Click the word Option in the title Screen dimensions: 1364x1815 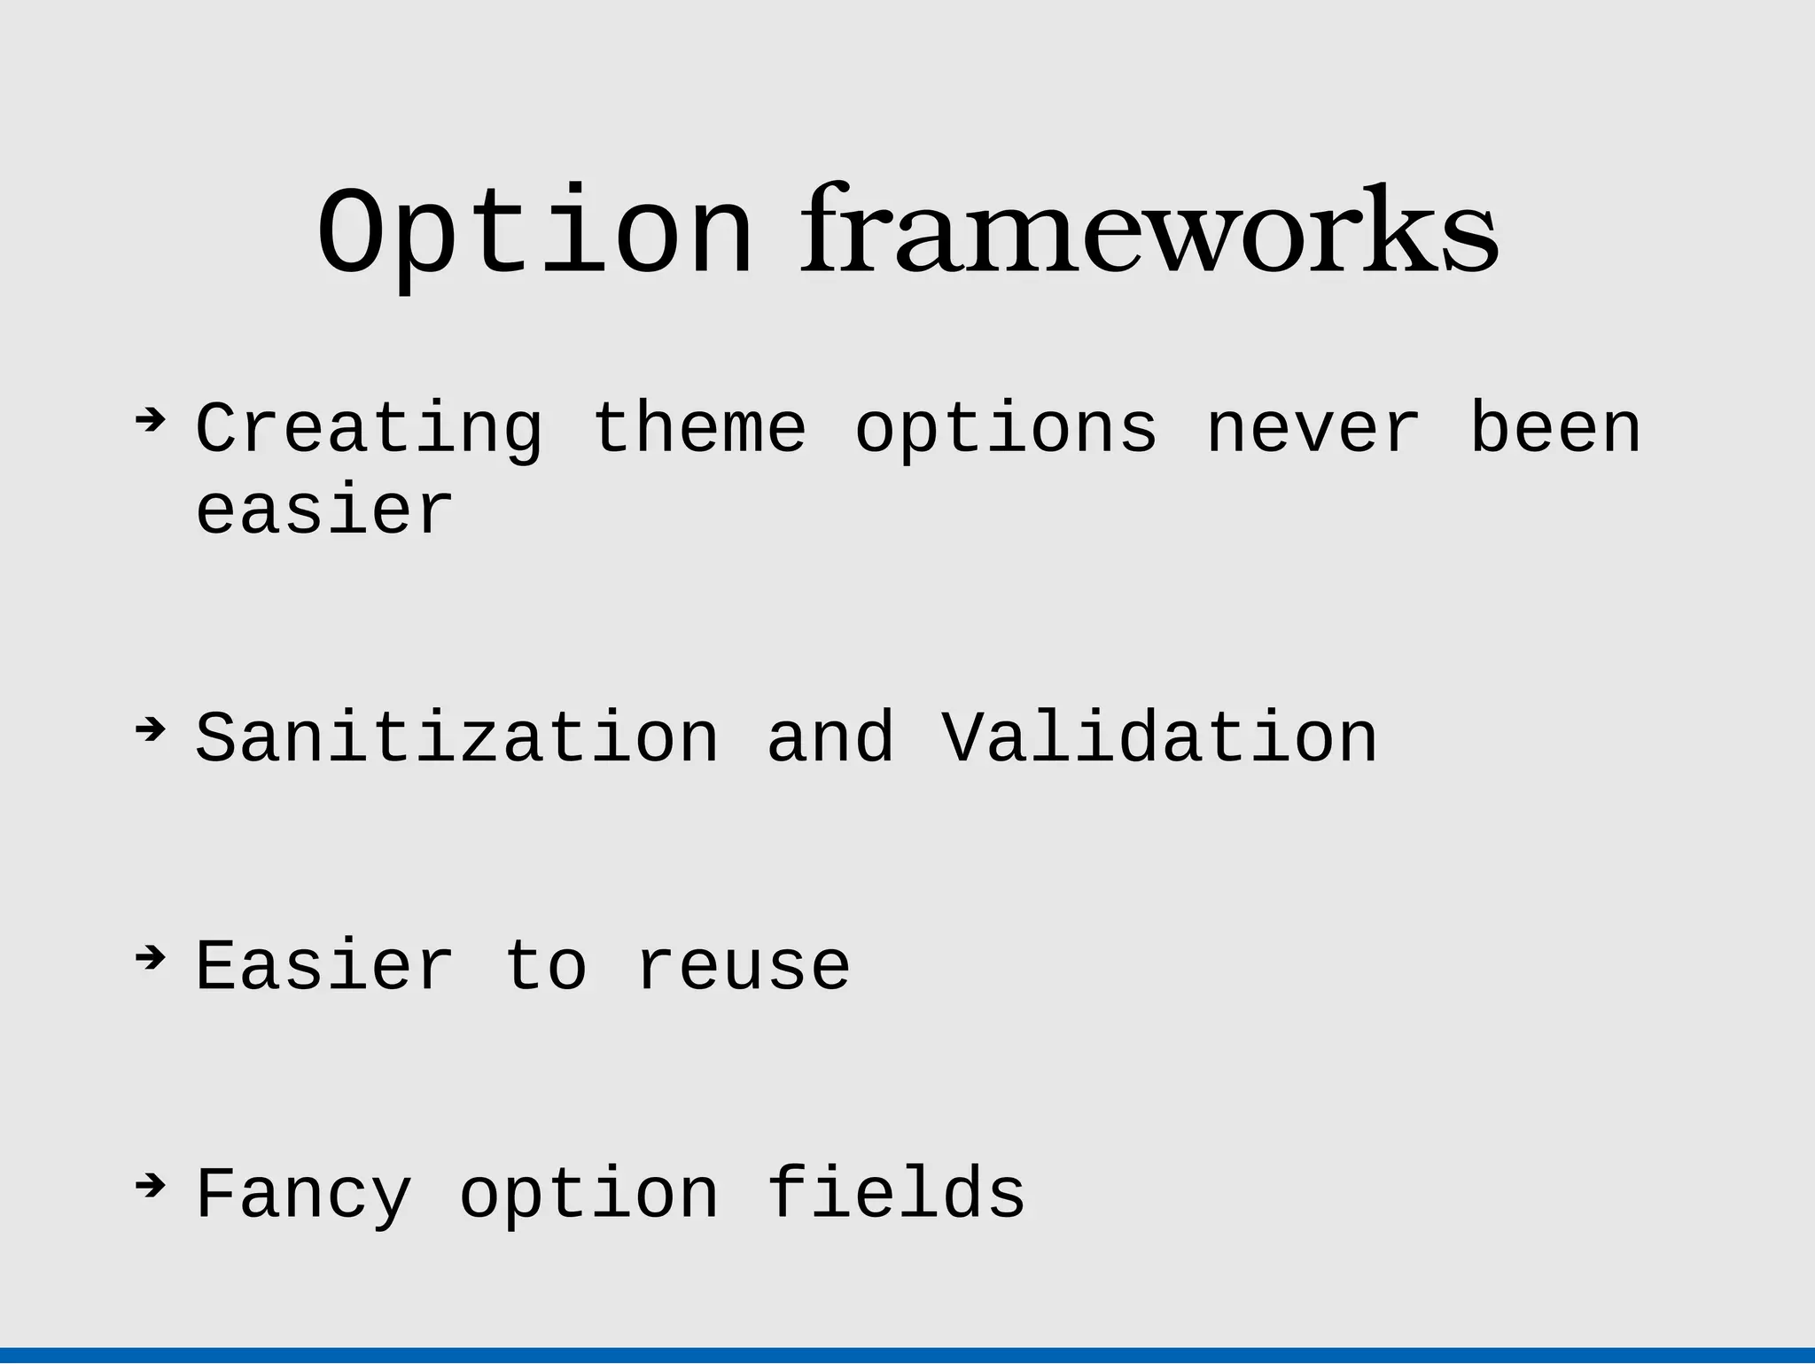tap(535, 235)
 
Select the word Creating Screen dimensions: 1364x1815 tap(369, 430)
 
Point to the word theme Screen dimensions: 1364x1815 tap(698, 428)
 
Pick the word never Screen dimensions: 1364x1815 tap(1313, 430)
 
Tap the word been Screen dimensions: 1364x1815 tap(1555, 428)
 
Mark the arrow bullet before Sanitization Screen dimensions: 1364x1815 tap(151, 729)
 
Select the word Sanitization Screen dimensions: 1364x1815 tap(456, 738)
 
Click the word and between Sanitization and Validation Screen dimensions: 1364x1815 tap(830, 738)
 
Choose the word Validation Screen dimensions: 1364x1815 tap(1159, 738)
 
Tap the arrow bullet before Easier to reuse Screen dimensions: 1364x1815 tap(151, 957)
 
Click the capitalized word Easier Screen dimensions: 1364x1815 tap(324, 966)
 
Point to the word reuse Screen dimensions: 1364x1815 tap(743, 968)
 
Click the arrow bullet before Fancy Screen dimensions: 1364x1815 tap(151, 1185)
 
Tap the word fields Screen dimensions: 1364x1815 tap(896, 1193)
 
